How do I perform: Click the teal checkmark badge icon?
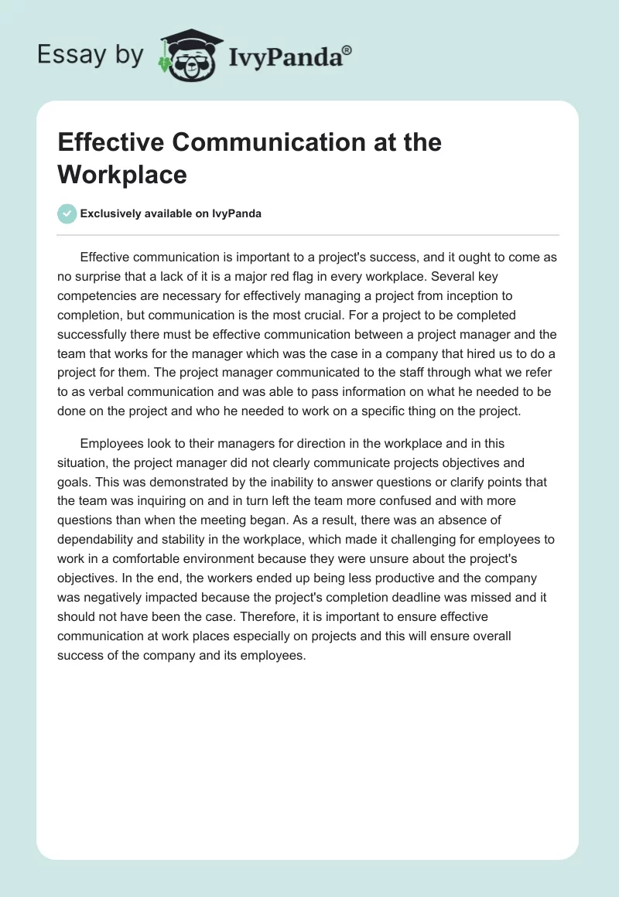67,213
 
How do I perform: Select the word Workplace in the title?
122,174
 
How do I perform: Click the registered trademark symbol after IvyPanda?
347,49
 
